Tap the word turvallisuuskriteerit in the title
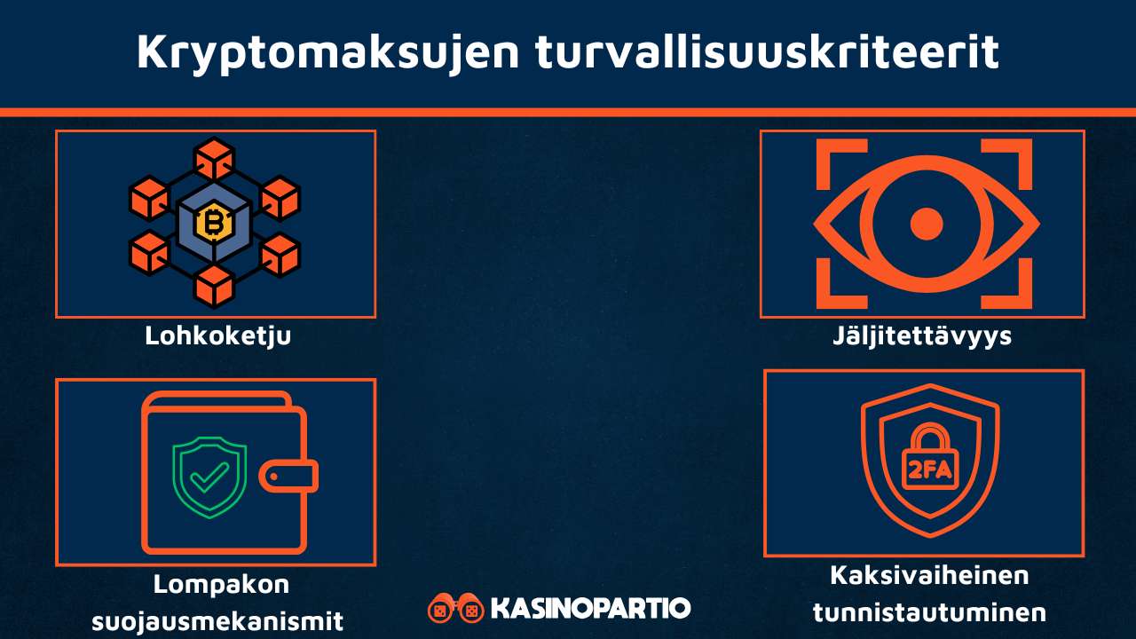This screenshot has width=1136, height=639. tap(768, 52)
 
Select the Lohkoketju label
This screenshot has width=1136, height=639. tap(218, 336)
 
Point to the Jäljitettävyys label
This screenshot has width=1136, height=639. tap(922, 336)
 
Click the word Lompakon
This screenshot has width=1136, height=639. tap(221, 585)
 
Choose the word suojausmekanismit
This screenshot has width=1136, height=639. tap(217, 620)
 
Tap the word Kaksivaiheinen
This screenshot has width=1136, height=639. tap(929, 575)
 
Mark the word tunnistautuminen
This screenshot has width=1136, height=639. tap(929, 611)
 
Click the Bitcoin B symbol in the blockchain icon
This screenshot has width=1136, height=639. tap(214, 223)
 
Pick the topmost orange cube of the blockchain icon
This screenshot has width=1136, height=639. tap(214, 159)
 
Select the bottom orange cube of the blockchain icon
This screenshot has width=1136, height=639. tap(214, 286)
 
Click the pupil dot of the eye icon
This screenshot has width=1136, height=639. tap(927, 224)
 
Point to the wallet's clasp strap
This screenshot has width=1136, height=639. tap(288, 477)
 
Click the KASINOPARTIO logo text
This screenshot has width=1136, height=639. tap(590, 609)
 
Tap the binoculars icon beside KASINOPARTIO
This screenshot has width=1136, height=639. tap(455, 609)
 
